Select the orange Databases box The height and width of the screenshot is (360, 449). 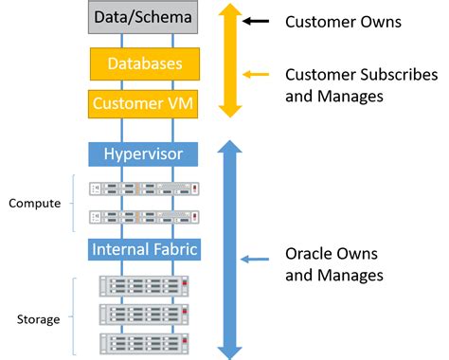point(143,63)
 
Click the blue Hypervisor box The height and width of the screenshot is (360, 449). point(143,153)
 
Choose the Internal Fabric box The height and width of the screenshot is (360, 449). point(143,249)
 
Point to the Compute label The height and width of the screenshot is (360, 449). point(34,203)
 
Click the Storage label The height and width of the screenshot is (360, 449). point(38,319)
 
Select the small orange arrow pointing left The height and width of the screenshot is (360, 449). point(256,74)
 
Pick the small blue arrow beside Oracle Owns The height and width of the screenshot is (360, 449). point(256,258)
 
